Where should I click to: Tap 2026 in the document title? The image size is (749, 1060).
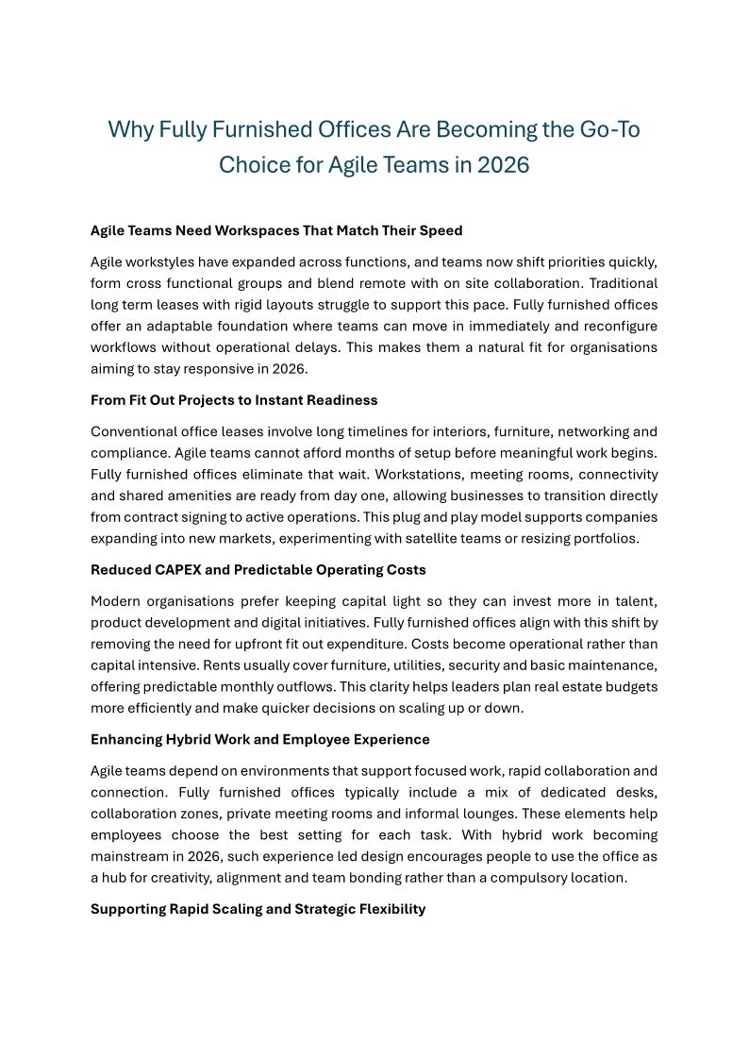click(504, 165)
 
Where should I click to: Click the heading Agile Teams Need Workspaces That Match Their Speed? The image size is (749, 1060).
click(276, 230)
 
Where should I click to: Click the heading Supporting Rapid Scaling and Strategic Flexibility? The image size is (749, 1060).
click(258, 909)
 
